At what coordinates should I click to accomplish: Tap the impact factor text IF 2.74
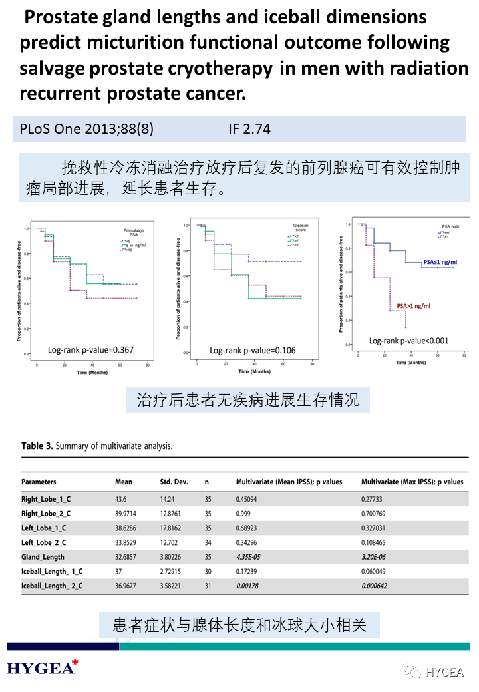click(x=249, y=129)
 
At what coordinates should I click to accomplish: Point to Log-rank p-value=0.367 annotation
click(x=91, y=349)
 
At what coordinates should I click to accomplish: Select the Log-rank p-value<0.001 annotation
click(x=409, y=341)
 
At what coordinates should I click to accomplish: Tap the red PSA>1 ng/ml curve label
click(x=413, y=306)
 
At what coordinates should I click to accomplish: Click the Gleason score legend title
click(x=301, y=228)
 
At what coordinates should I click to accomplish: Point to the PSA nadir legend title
click(x=452, y=226)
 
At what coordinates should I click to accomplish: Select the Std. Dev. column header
click(x=174, y=482)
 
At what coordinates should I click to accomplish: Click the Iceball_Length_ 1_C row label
click(x=52, y=571)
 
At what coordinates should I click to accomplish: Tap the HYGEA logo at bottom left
click(x=41, y=667)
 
